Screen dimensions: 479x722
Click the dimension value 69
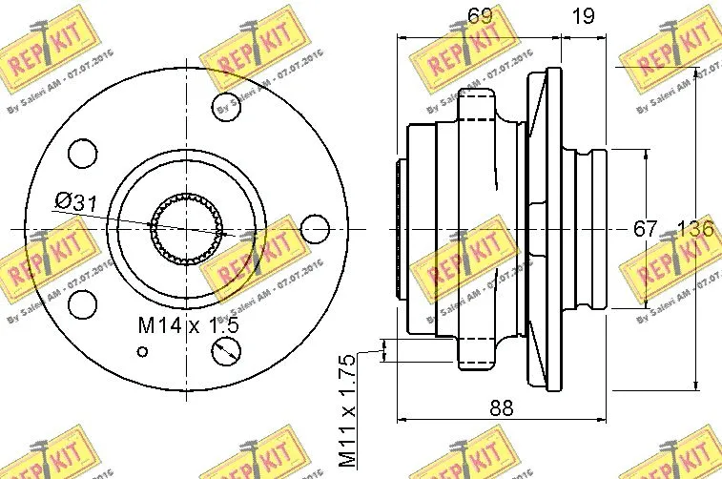[481, 15]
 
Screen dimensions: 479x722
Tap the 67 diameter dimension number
[647, 229]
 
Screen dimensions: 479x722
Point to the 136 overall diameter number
[695, 229]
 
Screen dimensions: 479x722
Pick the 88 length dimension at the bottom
[501, 407]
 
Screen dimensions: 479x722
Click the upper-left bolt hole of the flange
[84, 153]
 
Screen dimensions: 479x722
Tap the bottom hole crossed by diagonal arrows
[226, 354]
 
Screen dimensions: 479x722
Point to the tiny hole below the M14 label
[143, 351]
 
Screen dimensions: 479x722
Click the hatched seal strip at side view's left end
[398, 229]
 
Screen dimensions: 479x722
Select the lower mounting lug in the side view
[477, 354]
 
